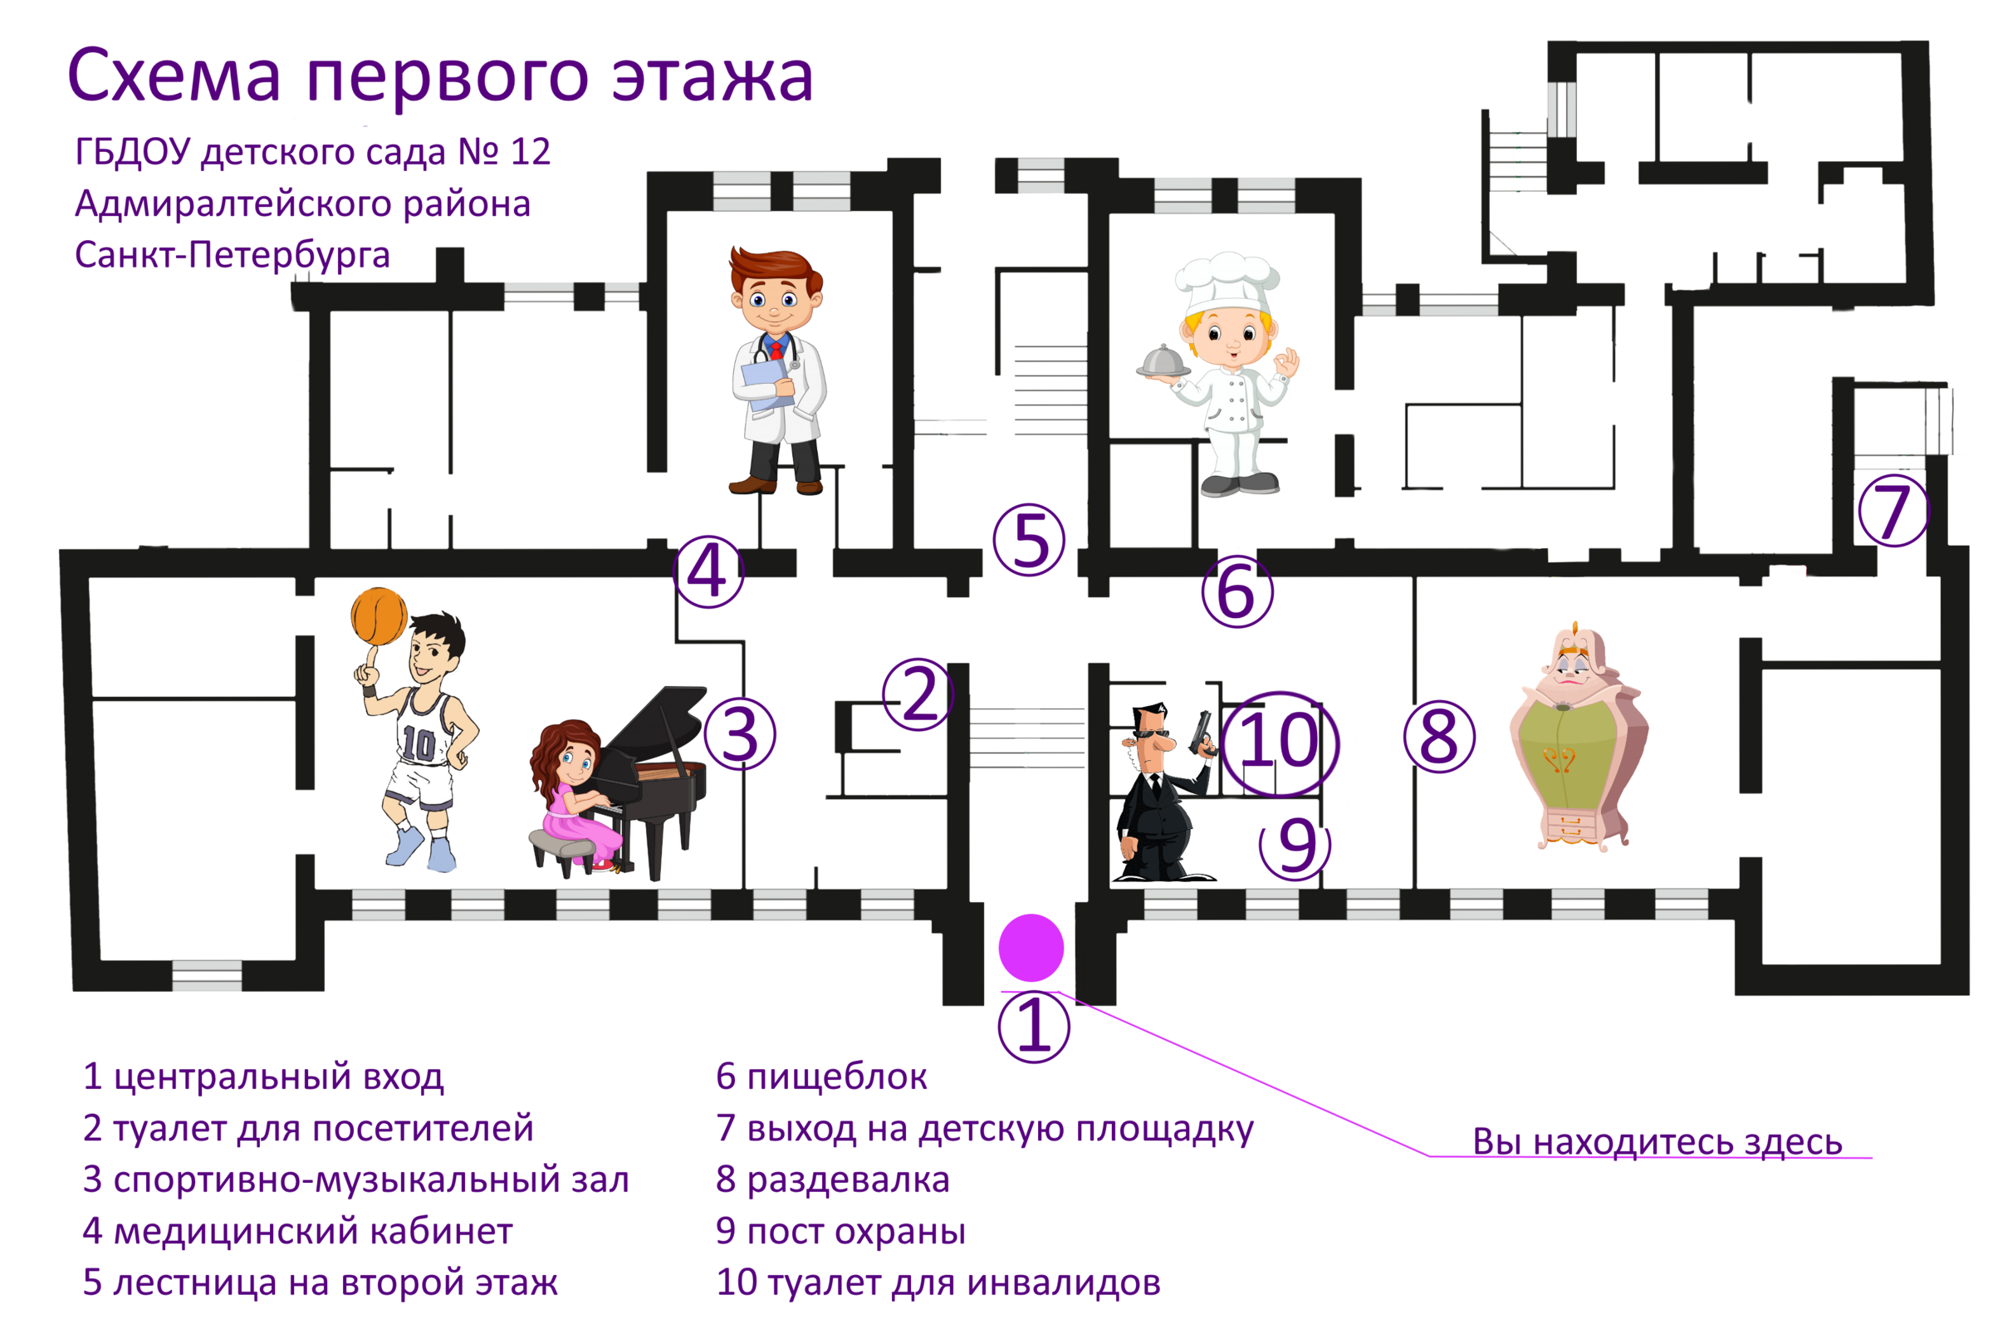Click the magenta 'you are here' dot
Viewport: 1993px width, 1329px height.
pyautogui.click(x=1031, y=948)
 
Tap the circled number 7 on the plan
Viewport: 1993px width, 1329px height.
pyautogui.click(x=1893, y=510)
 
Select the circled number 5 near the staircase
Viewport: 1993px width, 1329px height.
pyautogui.click(x=1029, y=540)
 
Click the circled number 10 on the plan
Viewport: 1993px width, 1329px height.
pyautogui.click(x=1280, y=743)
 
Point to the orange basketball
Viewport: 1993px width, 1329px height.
pyautogui.click(x=379, y=616)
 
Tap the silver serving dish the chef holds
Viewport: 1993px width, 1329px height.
pyautogui.click(x=1164, y=363)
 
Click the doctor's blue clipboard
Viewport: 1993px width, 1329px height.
pyautogui.click(x=766, y=385)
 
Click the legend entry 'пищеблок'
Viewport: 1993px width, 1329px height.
pyautogui.click(x=836, y=1077)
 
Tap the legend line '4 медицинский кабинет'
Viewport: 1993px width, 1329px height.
pyautogui.click(x=297, y=1232)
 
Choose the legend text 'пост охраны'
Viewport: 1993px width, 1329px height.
pyautogui.click(x=856, y=1232)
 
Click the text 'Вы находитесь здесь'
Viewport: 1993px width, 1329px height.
pyautogui.click(x=1658, y=1141)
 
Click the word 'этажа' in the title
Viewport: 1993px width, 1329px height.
pyautogui.click(x=712, y=76)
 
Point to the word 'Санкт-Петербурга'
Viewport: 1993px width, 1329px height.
pyautogui.click(x=233, y=255)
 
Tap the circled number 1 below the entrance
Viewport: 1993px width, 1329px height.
pyautogui.click(x=1034, y=1027)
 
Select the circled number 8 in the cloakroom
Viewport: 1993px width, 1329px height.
pyautogui.click(x=1439, y=737)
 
